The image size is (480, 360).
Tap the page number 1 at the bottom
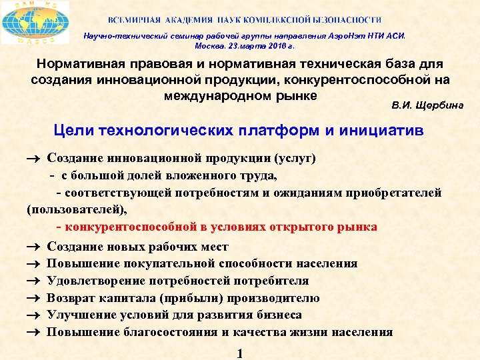(239, 353)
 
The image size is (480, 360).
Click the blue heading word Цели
(76, 131)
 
